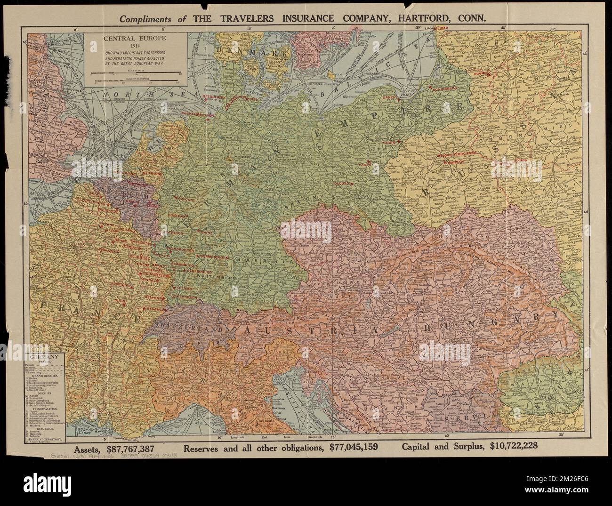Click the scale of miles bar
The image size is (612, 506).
point(137,72)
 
